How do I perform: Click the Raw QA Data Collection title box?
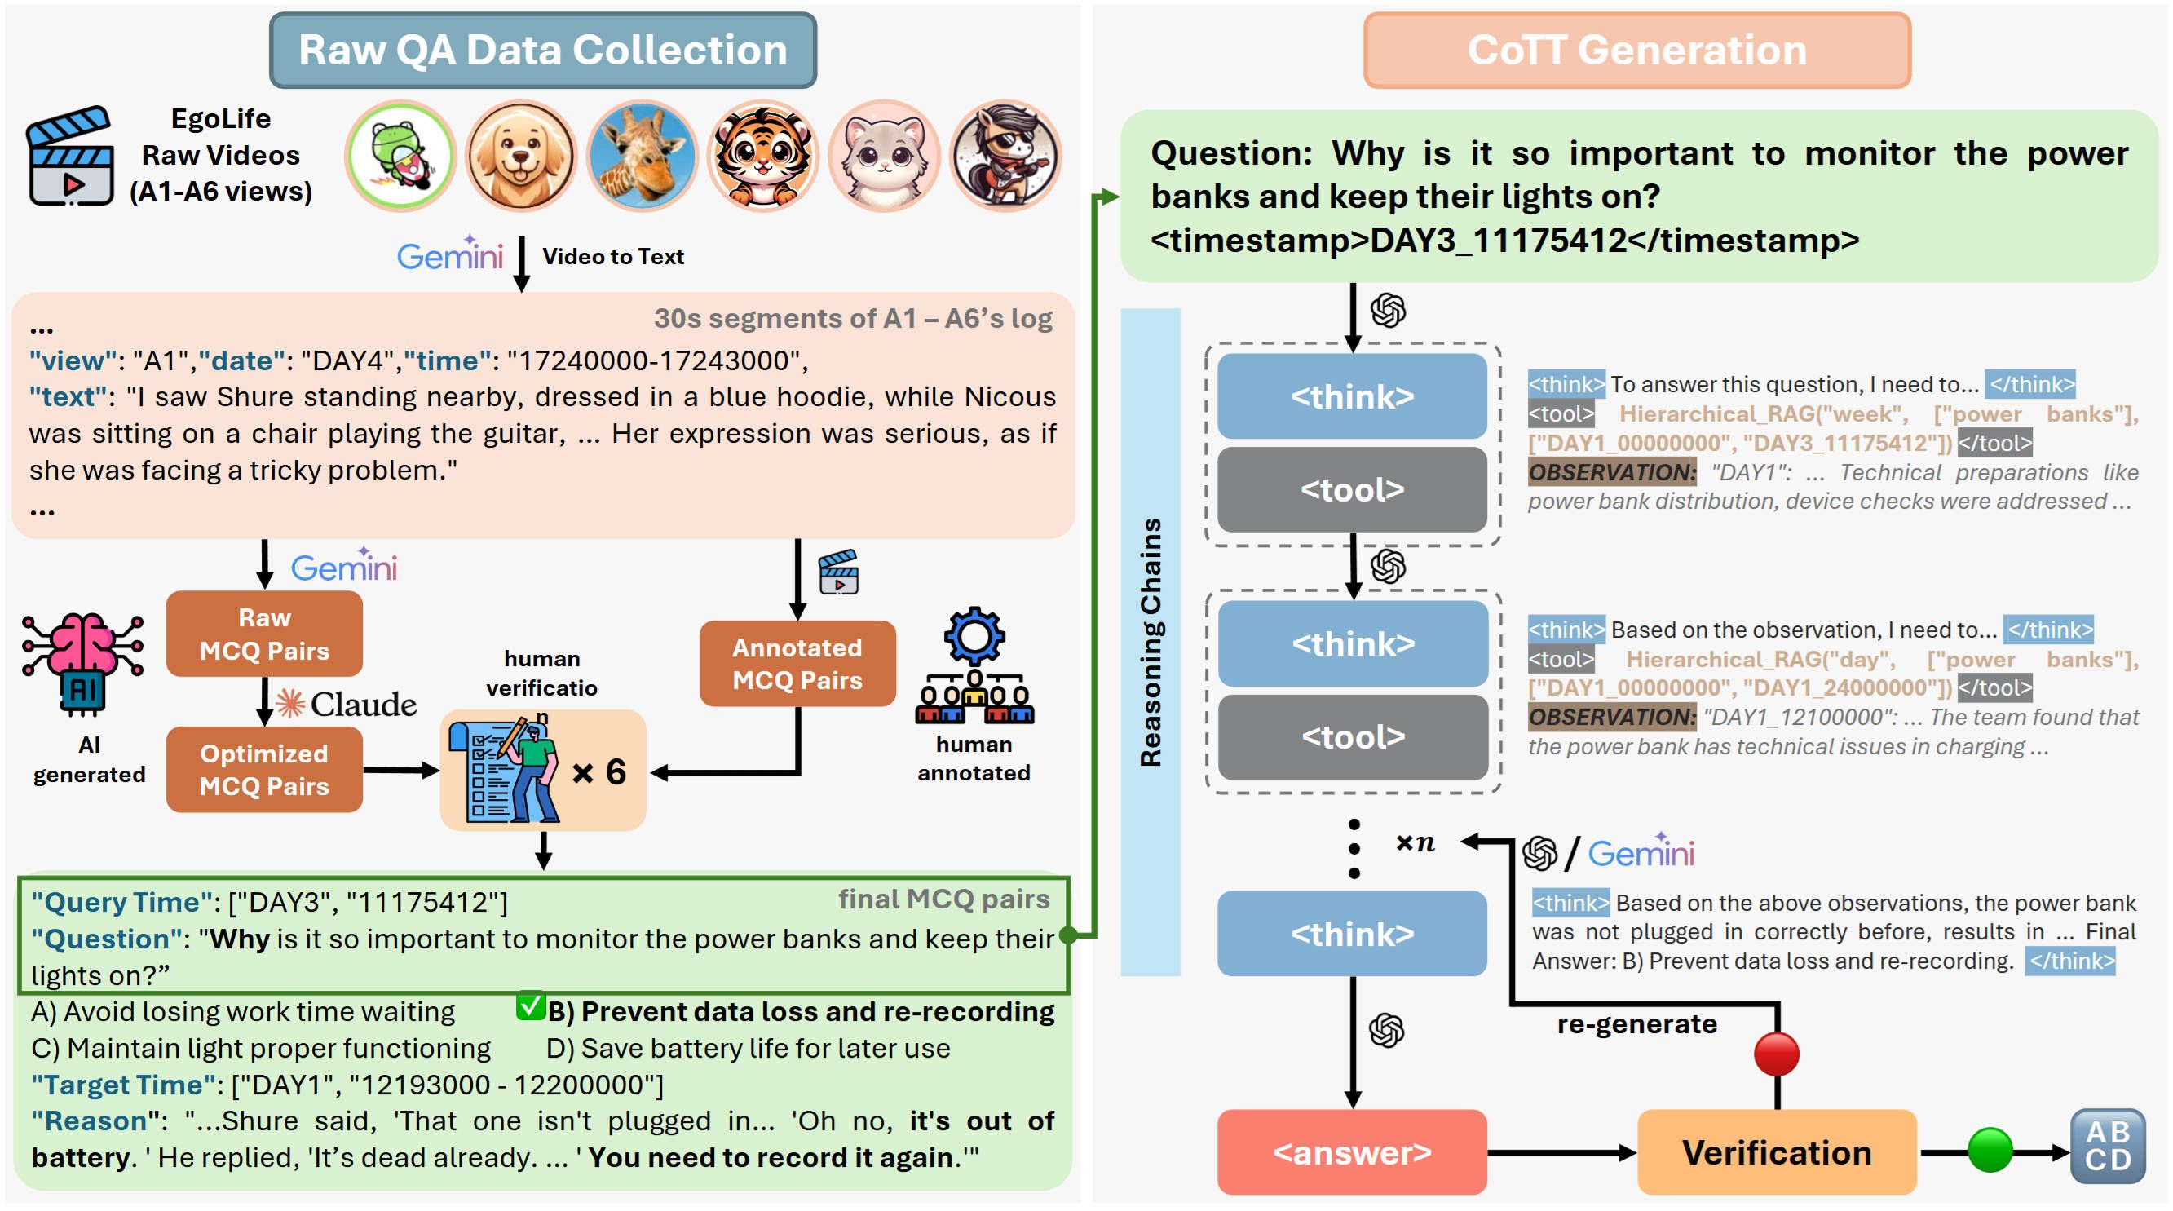[542, 51]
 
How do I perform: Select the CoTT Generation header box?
[1636, 51]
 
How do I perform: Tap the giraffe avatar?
[643, 156]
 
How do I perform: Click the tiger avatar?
[763, 156]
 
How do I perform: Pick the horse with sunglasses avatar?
[1005, 156]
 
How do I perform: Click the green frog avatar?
[400, 156]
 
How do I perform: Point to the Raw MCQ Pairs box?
[264, 634]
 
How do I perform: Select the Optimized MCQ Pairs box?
[264, 770]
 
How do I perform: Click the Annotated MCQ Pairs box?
[797, 664]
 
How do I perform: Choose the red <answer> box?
[1352, 1152]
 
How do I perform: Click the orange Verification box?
[1777, 1152]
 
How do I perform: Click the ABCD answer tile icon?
[2108, 1147]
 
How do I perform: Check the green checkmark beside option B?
[531, 1006]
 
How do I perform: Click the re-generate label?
[1636, 1024]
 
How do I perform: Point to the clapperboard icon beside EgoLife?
[70, 156]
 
